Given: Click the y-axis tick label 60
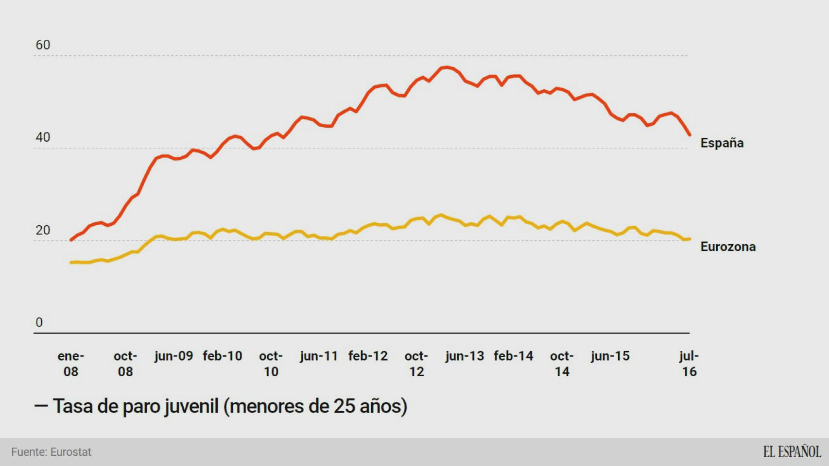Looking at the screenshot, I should (43, 45).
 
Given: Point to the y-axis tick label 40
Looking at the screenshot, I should (43, 137).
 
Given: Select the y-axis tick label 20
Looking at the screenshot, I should (43, 230).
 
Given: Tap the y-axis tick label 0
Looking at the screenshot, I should (39, 322).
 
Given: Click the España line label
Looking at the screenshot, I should (722, 143).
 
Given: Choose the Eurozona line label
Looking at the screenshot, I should (727, 247).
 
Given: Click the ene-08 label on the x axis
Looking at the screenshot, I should (71, 364).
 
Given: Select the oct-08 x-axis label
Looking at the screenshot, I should (125, 364).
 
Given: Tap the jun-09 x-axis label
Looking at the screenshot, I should (173, 356).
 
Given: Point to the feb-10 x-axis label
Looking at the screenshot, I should (222, 356).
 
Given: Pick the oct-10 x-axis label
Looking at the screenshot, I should (271, 364).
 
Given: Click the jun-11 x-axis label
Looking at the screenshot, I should (319, 356).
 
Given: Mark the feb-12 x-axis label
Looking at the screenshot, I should (368, 356).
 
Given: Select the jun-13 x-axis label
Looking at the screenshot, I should (465, 356).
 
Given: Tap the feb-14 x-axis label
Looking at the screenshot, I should (513, 356).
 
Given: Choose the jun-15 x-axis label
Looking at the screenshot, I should (610, 356).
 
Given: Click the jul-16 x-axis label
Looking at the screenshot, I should (689, 364).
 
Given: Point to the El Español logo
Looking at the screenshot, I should (792, 452).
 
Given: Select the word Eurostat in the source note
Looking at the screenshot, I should (71, 452).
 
